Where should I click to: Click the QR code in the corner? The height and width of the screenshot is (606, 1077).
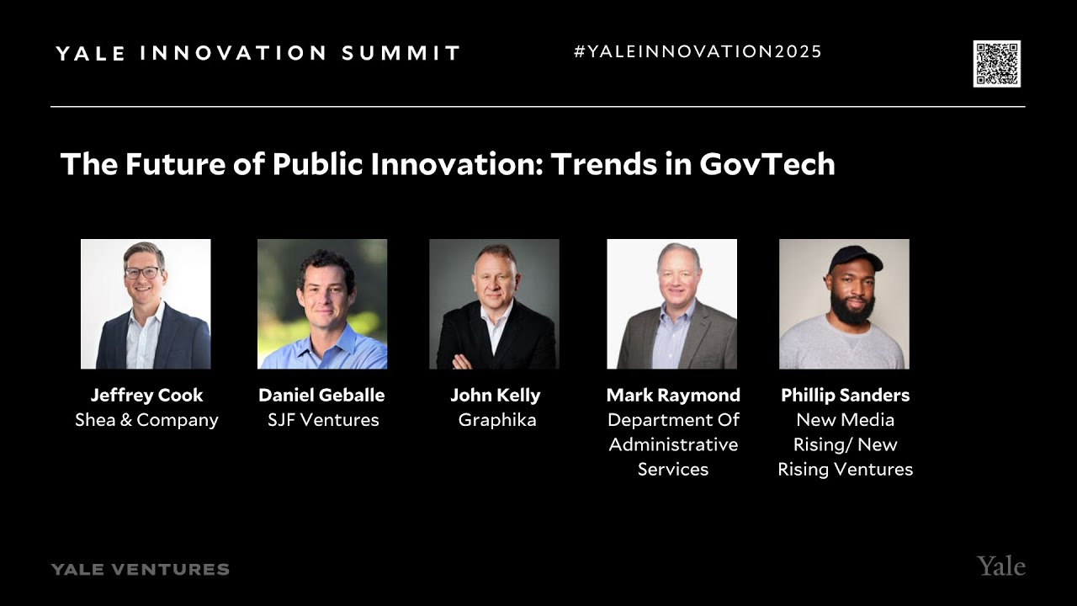(996, 63)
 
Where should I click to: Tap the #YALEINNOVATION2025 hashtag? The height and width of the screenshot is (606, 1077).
(698, 52)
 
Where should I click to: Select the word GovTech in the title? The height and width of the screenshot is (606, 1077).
(767, 164)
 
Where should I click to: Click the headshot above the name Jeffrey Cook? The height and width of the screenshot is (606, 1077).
(146, 304)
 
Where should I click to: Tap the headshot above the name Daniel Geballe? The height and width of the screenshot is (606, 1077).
(322, 304)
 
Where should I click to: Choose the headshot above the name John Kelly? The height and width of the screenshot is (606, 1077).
(494, 304)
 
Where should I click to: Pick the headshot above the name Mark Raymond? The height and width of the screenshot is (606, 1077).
(671, 304)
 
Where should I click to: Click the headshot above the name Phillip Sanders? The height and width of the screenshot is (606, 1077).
(844, 304)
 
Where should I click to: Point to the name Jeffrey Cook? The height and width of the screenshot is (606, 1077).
(146, 396)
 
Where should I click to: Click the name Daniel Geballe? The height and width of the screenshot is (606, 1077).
(321, 396)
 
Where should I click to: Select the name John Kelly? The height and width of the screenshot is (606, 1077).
(495, 396)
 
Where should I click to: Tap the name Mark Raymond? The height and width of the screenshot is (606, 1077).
(673, 396)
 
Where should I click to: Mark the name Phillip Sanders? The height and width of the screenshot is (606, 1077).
(845, 396)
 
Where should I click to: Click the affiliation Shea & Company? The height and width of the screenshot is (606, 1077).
(146, 420)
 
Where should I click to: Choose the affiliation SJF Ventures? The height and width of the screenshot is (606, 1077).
(323, 420)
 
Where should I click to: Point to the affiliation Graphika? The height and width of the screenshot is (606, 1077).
(496, 420)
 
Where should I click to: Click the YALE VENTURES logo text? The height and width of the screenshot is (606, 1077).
(140, 570)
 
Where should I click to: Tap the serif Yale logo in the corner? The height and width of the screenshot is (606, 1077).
(1000, 566)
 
